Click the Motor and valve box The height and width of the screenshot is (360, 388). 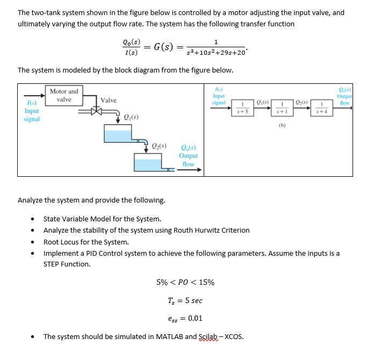click(64, 95)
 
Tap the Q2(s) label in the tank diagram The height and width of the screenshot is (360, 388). click(159, 145)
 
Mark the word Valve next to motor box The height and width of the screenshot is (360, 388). click(108, 100)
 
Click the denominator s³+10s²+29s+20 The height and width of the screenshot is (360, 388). click(215, 52)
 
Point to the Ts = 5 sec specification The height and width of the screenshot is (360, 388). click(185, 300)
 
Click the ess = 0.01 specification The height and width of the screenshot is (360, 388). click(185, 318)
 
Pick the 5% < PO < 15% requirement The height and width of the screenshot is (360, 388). click(185, 283)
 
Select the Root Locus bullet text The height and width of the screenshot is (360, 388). click(86, 242)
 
